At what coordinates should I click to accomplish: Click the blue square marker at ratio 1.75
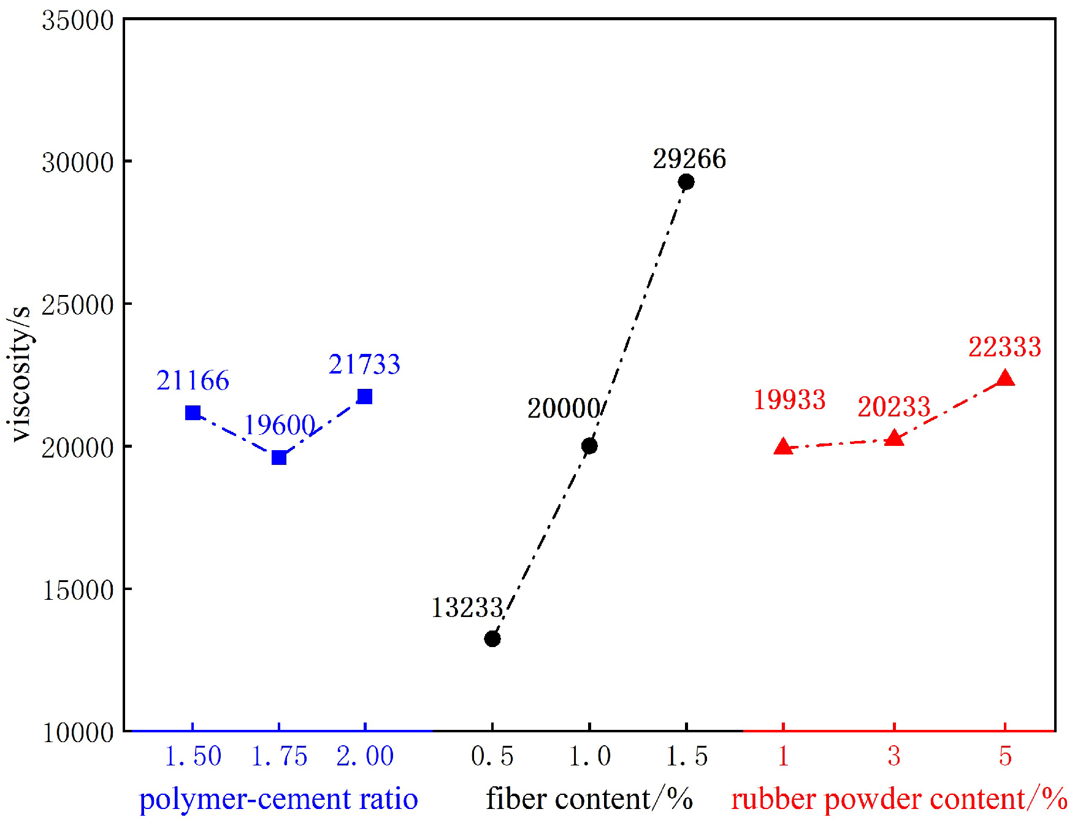pos(279,458)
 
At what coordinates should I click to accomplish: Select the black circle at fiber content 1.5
pos(686,182)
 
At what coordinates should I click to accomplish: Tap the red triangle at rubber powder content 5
pos(1005,378)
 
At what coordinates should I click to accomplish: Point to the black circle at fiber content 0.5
pos(492,638)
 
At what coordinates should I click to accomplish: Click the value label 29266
pos(689,159)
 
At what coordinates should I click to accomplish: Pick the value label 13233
pos(467,608)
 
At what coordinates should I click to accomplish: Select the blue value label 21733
pos(364,364)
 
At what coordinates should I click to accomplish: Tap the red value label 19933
pos(789,400)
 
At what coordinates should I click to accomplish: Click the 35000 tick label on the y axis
pos(78,21)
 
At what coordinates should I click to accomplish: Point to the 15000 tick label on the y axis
pos(78,590)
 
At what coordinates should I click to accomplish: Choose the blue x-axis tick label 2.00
pos(365,756)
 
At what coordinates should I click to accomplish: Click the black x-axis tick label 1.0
pos(589,756)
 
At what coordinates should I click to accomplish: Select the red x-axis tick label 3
pos(894,756)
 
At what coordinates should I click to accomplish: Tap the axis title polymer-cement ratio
pos(278,799)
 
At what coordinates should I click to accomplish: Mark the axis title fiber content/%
pos(589,799)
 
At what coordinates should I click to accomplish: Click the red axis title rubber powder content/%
pos(899,799)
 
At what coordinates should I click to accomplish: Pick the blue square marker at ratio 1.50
pos(193,413)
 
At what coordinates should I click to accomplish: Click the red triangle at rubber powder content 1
pos(783,447)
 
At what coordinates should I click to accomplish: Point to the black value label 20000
pos(564,408)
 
